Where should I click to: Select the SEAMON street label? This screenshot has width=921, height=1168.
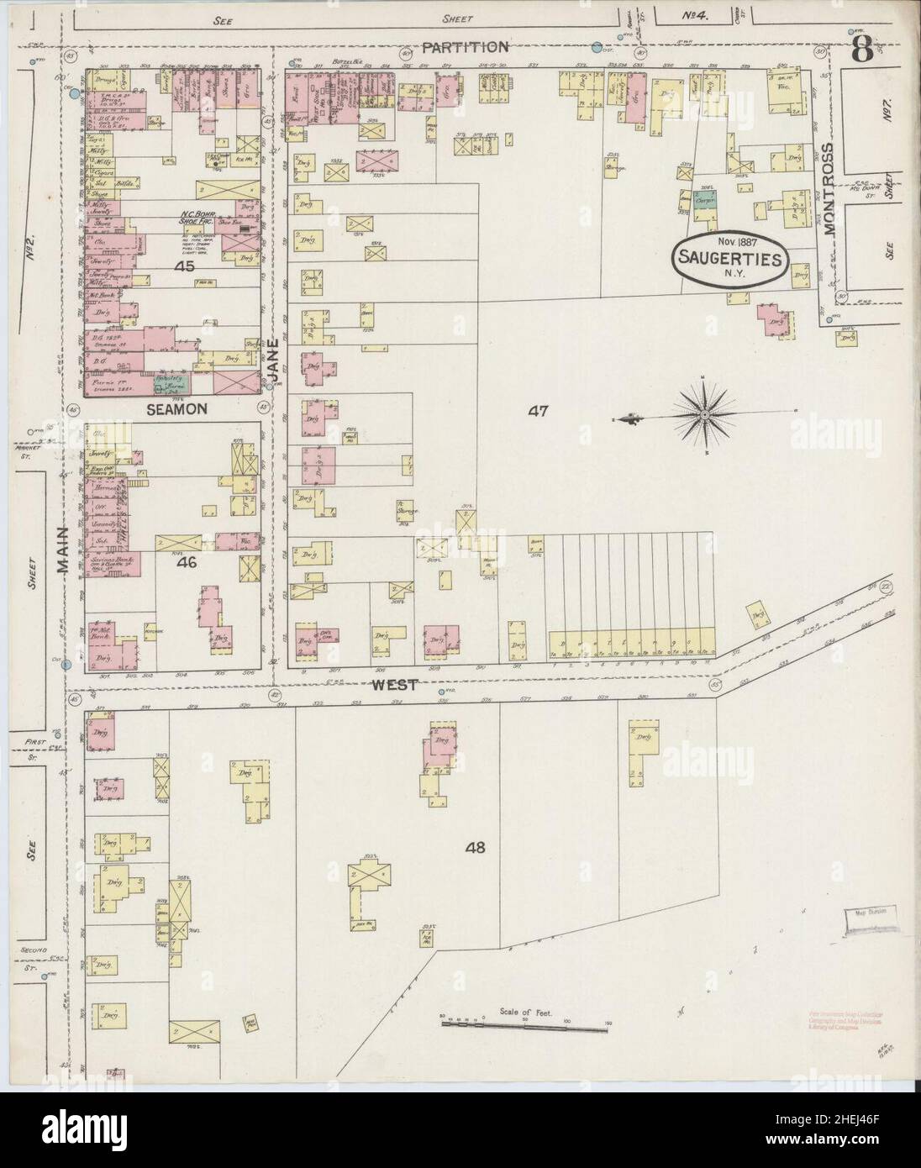coord(176,408)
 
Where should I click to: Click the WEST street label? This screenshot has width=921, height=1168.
coord(395,685)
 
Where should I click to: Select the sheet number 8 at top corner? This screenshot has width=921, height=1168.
coord(861,52)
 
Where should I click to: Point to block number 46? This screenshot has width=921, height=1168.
coord(186,563)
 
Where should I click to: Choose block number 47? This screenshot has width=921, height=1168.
coord(538,411)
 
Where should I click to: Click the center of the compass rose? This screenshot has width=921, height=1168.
coord(704,414)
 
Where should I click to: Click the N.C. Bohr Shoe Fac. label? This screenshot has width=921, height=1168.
coord(198,218)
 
